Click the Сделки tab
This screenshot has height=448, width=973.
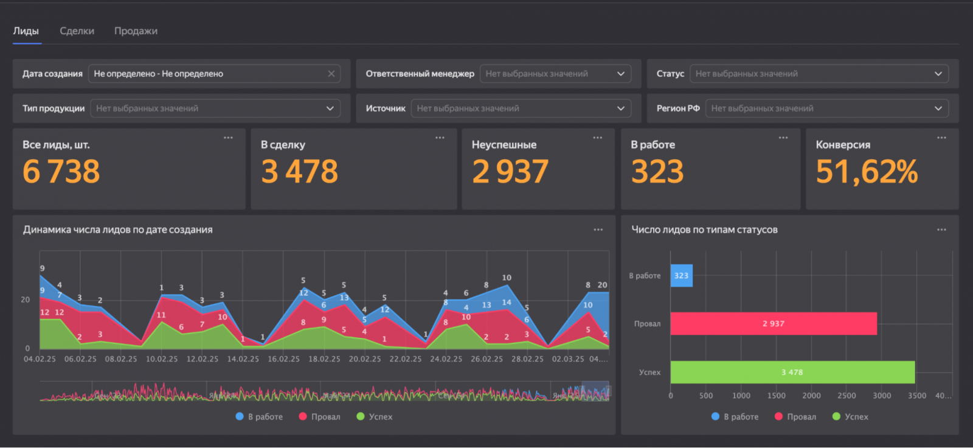pos(77,31)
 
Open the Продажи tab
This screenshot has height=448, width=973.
pos(136,31)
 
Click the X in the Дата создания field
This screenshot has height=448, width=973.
pos(331,74)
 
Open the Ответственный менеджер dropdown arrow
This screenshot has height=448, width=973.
pos(621,74)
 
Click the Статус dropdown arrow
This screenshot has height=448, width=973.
pos(938,74)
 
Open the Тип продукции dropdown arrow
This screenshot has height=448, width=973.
pos(330,108)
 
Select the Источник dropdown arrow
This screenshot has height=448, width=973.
pos(621,108)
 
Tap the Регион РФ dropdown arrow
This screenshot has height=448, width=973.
pos(938,108)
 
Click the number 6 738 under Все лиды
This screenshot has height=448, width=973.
pos(61,172)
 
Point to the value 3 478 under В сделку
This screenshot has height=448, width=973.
pos(300,172)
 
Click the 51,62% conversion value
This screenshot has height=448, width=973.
pos(867,172)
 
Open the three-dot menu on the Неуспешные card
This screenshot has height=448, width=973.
pos(598,138)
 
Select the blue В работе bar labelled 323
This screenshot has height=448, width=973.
pos(681,276)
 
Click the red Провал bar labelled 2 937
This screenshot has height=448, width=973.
pos(774,324)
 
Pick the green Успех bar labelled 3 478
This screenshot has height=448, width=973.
pos(792,372)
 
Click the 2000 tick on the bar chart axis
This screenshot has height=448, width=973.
pos(811,396)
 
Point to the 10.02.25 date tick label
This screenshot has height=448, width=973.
pos(162,359)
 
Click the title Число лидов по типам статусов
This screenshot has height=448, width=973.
pos(704,229)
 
